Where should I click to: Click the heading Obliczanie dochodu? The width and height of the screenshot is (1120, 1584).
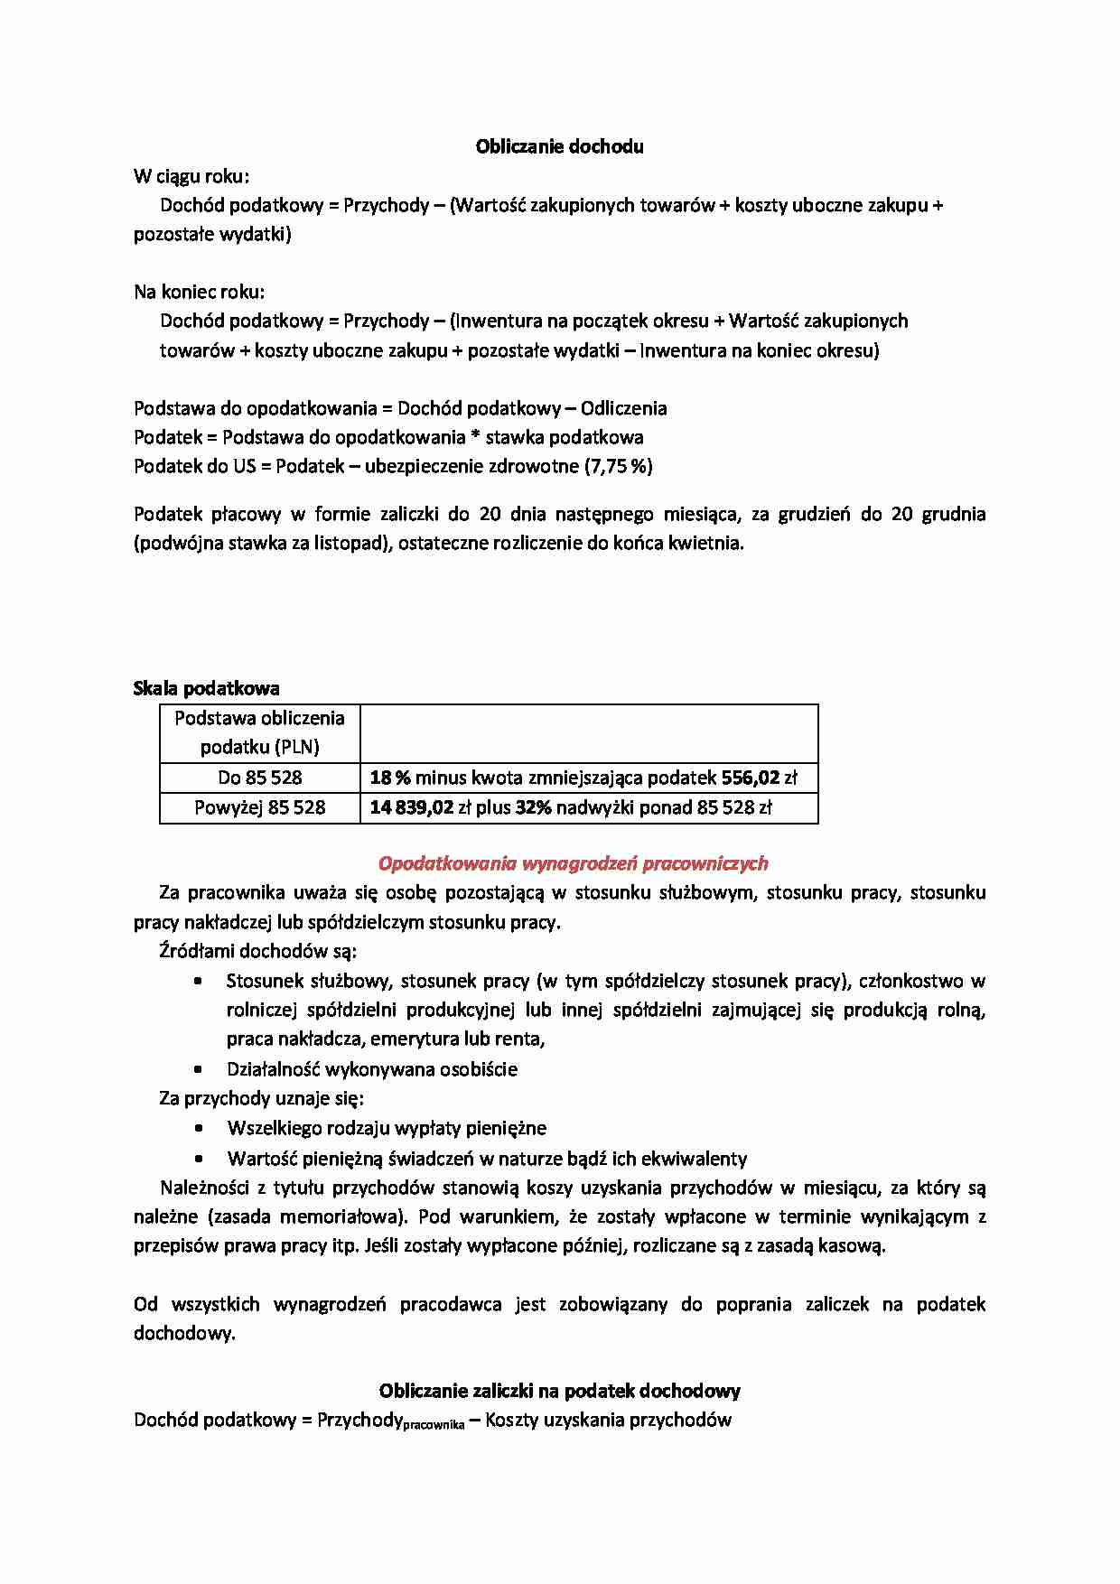[x=559, y=146]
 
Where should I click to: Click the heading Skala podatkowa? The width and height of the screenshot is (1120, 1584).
[x=206, y=688]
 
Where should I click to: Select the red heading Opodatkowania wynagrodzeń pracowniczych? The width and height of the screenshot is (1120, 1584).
[x=573, y=863]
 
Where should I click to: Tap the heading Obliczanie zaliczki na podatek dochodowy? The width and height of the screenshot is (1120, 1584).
[x=559, y=1390]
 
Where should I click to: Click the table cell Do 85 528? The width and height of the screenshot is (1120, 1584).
[x=259, y=778]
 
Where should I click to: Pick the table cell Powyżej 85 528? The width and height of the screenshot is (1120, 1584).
[x=259, y=807]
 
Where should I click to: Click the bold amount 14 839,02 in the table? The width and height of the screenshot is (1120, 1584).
[x=411, y=807]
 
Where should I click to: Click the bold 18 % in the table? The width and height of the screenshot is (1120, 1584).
[x=390, y=778]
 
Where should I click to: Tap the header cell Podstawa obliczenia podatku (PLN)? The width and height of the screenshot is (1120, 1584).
[x=259, y=732]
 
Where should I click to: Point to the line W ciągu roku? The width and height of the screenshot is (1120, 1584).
[x=191, y=175]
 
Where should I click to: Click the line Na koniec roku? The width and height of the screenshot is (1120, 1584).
[x=199, y=292]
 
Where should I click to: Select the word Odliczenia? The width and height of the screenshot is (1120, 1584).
[x=623, y=408]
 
